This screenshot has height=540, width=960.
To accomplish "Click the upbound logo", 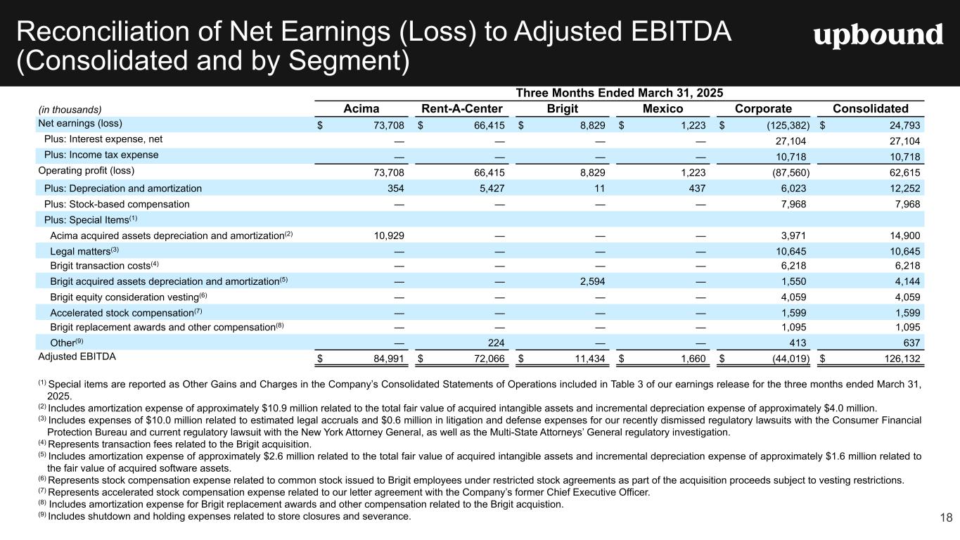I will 878,35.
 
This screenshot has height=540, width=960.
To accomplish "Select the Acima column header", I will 361,109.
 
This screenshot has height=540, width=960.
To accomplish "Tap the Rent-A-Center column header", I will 461,109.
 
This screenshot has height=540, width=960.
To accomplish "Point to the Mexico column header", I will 663,109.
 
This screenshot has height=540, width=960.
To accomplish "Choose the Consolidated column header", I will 870,109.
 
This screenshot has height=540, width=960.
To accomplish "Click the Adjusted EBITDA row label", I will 77,356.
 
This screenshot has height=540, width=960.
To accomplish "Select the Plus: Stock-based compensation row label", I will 117,204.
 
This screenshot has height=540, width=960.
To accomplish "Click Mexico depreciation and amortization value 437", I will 696,188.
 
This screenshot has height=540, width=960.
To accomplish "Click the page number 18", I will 946,518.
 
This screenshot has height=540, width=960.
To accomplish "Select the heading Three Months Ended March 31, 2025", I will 620,93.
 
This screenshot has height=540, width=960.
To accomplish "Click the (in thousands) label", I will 70,110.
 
